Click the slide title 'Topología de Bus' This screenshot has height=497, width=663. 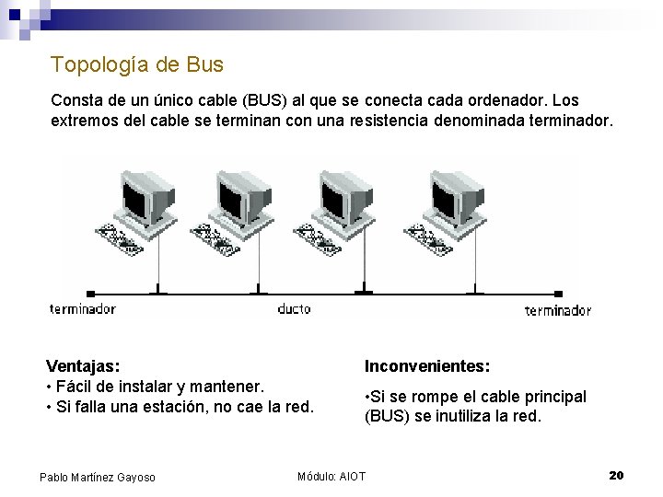pos(137,64)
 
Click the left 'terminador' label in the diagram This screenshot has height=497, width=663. pos(82,309)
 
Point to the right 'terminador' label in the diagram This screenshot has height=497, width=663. pos(557,310)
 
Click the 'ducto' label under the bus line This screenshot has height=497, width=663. pos(295,309)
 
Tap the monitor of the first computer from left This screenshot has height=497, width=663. pos(145,192)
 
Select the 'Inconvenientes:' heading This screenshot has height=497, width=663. pos(426,365)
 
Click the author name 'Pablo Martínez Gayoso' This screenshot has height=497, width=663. pos(98,476)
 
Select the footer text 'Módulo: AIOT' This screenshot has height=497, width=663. pos(331,476)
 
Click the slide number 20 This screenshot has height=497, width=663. pos(616,475)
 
